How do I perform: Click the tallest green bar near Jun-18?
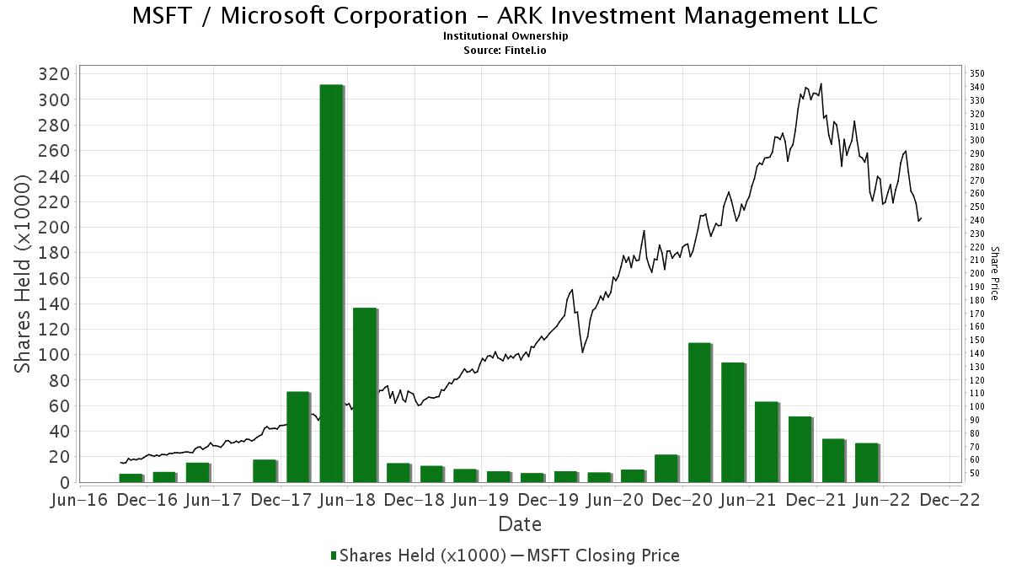tap(331, 282)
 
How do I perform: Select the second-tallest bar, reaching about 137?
tap(364, 395)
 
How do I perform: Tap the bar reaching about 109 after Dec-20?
tap(699, 412)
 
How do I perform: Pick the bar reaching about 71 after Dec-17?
tap(298, 437)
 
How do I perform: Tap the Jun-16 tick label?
tap(79, 500)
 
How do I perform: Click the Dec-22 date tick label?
tap(949, 500)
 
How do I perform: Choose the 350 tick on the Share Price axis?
tap(976, 74)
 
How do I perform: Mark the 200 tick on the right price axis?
tap(976, 274)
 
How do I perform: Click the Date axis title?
tap(520, 524)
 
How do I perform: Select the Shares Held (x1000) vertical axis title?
tap(25, 274)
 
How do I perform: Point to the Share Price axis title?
tap(994, 274)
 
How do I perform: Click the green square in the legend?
tap(334, 556)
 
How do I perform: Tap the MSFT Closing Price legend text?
tap(601, 556)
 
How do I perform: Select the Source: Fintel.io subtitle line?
tap(505, 50)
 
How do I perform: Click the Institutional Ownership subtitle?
tap(505, 36)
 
